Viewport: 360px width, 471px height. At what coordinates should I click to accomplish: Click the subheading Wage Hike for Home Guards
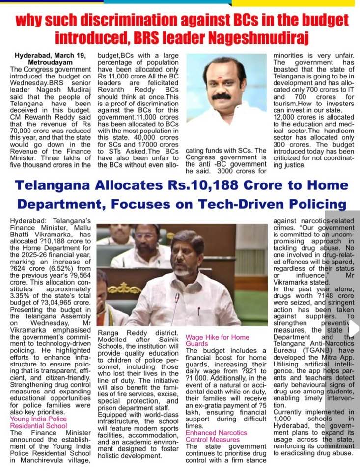pos(217,340)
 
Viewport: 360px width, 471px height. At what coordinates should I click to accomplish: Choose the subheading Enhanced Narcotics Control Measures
pos(217,437)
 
